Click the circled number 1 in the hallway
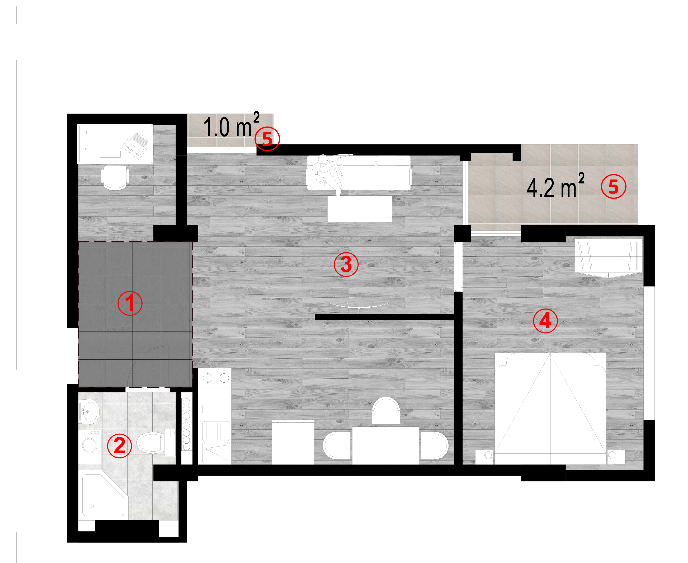130,303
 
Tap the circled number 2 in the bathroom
119,446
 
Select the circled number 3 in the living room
346,264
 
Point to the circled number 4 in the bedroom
545,321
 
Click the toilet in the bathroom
155,443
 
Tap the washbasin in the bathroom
89,411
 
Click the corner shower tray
103,495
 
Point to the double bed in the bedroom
550,409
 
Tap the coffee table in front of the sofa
359,209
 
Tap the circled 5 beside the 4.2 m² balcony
614,186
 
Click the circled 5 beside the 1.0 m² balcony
267,138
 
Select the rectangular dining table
385,445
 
